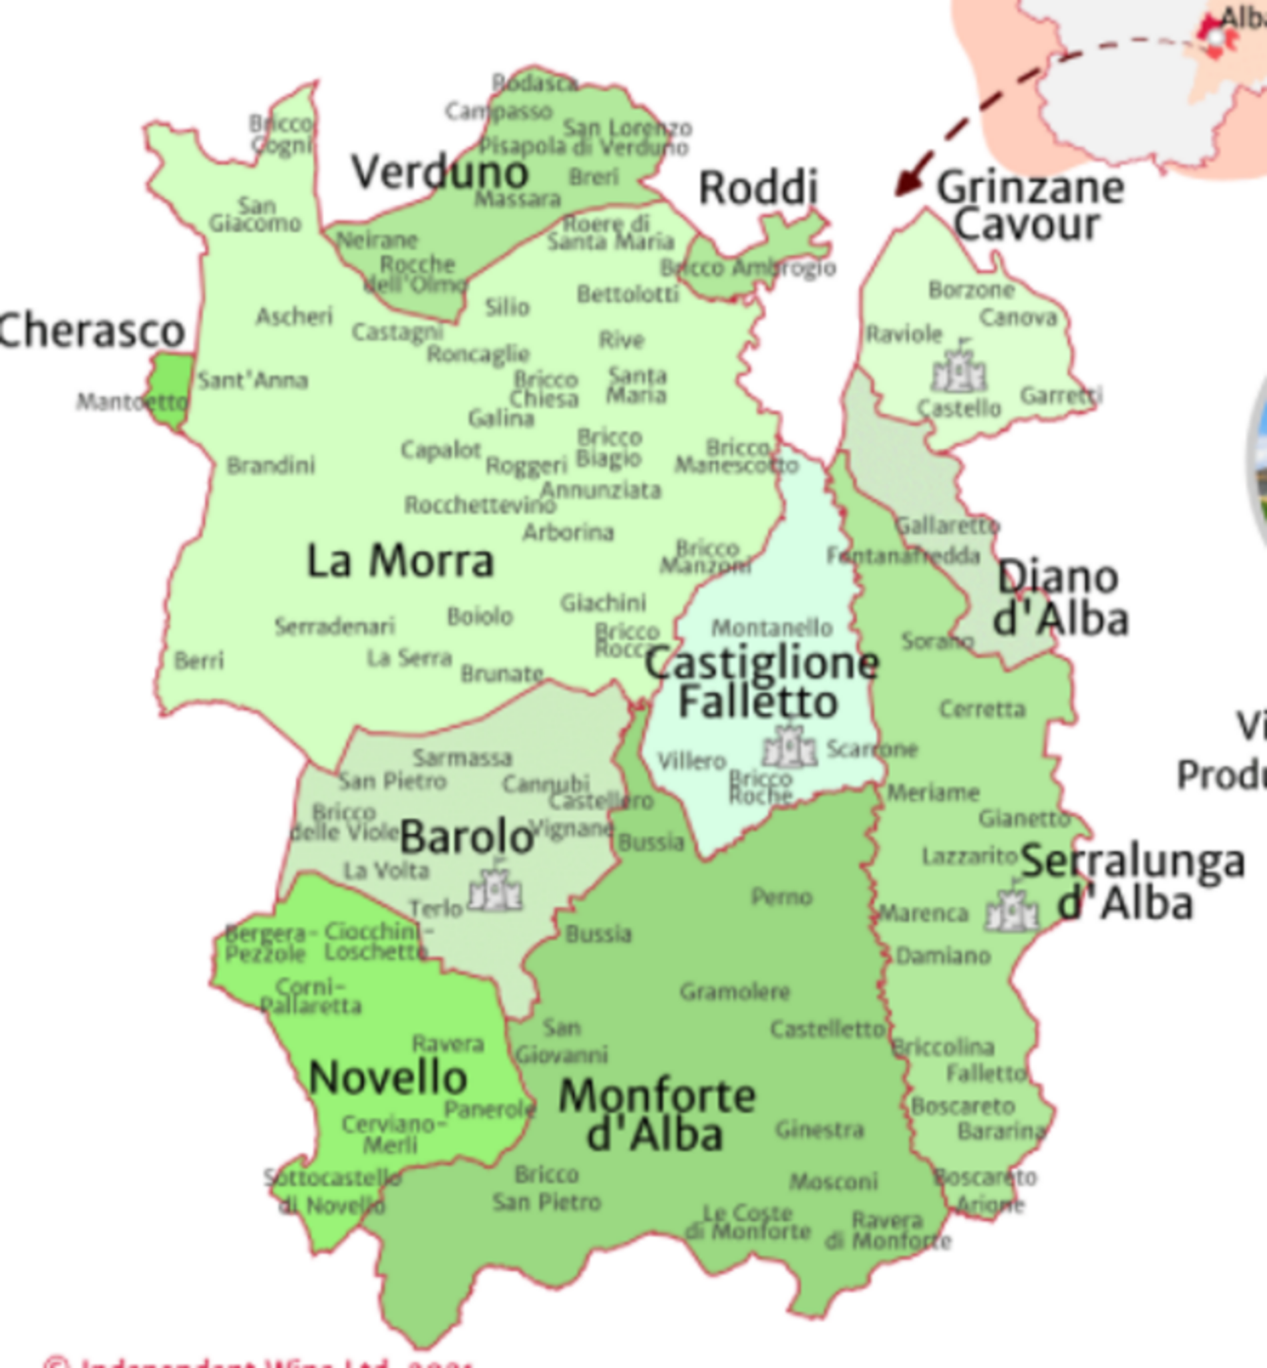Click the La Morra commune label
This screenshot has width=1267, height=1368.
[399, 562]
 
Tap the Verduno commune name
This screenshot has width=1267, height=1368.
[440, 172]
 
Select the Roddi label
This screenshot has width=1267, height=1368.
[758, 187]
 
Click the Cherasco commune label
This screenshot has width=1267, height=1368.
[92, 331]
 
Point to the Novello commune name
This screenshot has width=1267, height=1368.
[388, 1077]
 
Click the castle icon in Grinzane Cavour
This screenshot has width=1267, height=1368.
[958, 370]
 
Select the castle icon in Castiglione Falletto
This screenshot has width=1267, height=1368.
[790, 745]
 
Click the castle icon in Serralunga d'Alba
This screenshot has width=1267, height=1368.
[1011, 909]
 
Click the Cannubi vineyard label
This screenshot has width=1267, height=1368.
[546, 783]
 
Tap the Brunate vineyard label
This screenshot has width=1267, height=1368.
[502, 674]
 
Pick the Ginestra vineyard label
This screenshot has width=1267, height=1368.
[820, 1129]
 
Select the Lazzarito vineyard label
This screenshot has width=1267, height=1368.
[968, 856]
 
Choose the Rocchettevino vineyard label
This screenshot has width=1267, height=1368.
[480, 506]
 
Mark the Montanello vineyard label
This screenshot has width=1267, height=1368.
[772, 627]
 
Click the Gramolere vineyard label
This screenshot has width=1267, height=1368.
[735, 991]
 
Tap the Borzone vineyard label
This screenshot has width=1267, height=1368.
[971, 290]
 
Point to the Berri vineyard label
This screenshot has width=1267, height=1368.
[199, 661]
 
